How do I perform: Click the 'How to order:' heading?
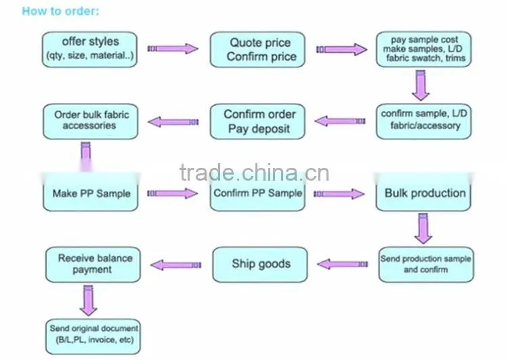click(x=60, y=12)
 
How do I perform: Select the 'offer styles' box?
click(x=89, y=49)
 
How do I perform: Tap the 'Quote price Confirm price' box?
click(x=257, y=49)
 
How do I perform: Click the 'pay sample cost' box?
click(x=424, y=49)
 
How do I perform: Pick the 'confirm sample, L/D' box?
click(x=424, y=121)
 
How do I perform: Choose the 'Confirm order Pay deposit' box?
click(x=257, y=121)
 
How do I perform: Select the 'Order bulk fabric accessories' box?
click(x=91, y=121)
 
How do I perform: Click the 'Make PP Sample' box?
click(x=91, y=193)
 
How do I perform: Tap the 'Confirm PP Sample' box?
click(x=257, y=193)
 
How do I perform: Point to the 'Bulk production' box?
click(x=423, y=193)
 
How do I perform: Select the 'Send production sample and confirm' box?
click(x=426, y=265)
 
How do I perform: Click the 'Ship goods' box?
click(x=260, y=265)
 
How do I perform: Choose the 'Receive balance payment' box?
click(x=93, y=265)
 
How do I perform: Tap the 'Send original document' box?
click(x=93, y=337)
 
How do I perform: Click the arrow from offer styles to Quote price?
click(x=173, y=49)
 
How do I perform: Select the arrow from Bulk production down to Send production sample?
click(x=423, y=228)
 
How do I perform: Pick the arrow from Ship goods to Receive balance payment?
click(x=176, y=265)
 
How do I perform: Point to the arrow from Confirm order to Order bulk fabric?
click(x=173, y=122)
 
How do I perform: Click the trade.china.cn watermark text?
click(x=254, y=173)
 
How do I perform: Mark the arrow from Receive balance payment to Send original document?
click(x=89, y=300)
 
